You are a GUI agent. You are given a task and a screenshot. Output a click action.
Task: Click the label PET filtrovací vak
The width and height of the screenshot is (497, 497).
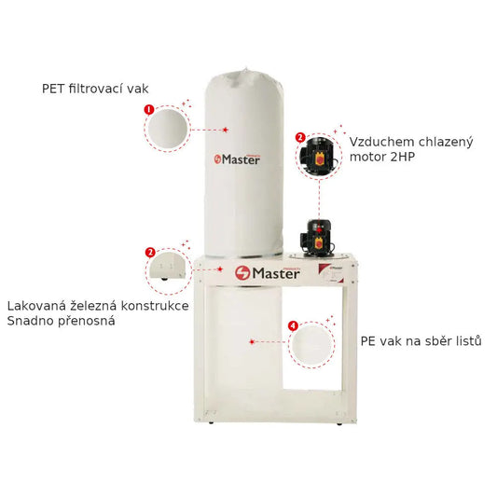pyautogui.click(x=95, y=89)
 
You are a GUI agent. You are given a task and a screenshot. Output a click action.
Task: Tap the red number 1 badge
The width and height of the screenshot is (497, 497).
pyautogui.click(x=149, y=110)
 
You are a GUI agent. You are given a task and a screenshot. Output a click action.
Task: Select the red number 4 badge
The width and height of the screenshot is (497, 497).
pyautogui.click(x=293, y=325)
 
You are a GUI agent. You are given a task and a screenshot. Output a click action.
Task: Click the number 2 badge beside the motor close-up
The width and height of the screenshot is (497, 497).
pyautogui.click(x=300, y=138)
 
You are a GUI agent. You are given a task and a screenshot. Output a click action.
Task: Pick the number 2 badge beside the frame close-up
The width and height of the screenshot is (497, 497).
pyautogui.click(x=150, y=253)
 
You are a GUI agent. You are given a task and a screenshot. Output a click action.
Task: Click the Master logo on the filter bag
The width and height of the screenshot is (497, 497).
pyautogui.click(x=237, y=159)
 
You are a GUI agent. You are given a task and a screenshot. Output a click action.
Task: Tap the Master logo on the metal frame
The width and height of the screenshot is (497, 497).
pyautogui.click(x=268, y=273)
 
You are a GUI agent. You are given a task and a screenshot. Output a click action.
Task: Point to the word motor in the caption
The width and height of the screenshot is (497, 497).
pyautogui.click(x=367, y=157)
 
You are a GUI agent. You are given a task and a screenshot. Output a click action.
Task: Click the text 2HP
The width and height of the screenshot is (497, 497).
pyautogui.click(x=403, y=157)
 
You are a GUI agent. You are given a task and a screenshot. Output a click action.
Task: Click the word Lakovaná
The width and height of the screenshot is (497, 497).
pyautogui.click(x=36, y=306)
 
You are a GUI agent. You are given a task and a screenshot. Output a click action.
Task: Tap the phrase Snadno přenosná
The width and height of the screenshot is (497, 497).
pyautogui.click(x=61, y=321)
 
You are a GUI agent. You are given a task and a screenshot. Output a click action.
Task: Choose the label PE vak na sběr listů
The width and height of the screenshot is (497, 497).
pyautogui.click(x=421, y=341)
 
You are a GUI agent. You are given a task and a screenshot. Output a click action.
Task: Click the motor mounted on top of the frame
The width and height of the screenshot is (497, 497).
pyautogui.click(x=316, y=238)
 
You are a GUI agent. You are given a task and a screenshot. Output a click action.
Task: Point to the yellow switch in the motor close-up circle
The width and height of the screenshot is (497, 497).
pyautogui.click(x=320, y=158)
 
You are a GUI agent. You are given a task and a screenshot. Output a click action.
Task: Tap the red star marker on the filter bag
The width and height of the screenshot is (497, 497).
pyautogui.click(x=226, y=130)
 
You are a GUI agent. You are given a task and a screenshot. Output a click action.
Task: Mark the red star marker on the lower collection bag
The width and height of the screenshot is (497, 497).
pyautogui.click(x=252, y=341)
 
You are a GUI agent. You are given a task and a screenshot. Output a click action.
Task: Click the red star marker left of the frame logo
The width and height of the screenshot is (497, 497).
pyautogui.click(x=220, y=269)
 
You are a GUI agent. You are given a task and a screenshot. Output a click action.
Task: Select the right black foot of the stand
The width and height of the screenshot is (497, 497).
pyautogui.click(x=339, y=423)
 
